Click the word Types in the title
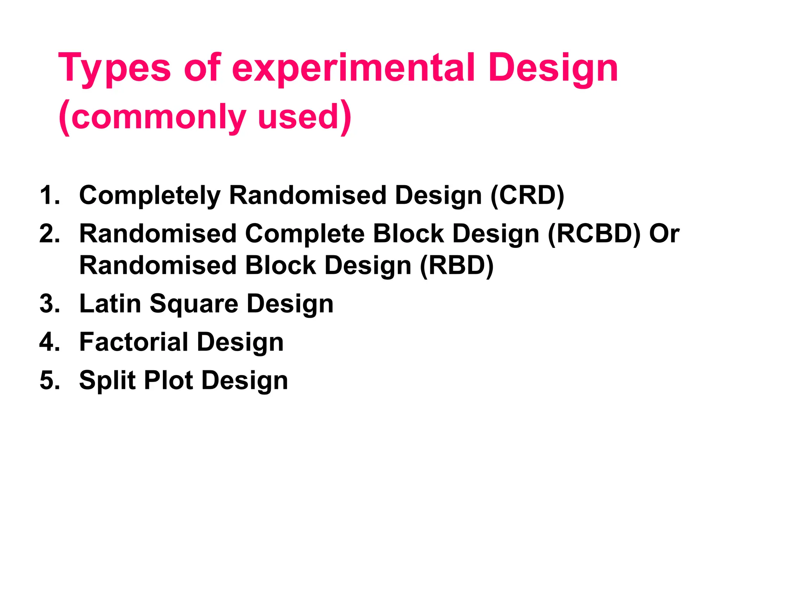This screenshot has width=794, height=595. click(x=114, y=69)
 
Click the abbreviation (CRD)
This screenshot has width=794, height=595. click(x=527, y=195)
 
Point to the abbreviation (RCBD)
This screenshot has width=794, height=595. click(x=594, y=234)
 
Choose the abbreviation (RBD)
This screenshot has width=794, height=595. click(x=457, y=266)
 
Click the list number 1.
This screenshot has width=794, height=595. click(x=49, y=195)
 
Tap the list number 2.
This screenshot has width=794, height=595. click(x=50, y=234)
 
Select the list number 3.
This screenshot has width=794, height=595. click(x=50, y=304)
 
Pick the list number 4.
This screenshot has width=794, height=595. click(x=50, y=342)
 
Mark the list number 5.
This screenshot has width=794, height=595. click(x=50, y=380)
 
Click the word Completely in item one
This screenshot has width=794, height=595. click(x=150, y=195)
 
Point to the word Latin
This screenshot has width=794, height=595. click(x=110, y=304)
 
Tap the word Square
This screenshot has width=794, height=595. click(x=194, y=304)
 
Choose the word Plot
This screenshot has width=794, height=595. click(x=168, y=380)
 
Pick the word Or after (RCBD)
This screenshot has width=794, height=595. click(x=665, y=234)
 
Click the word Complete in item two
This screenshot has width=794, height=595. click(x=304, y=234)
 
